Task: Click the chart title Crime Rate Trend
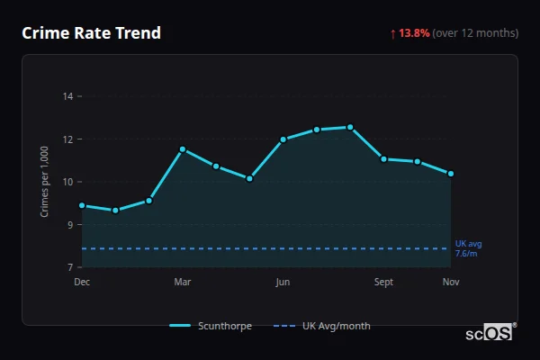pos(91,33)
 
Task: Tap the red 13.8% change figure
pos(415,33)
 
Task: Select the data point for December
pos(82,205)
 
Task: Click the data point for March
pos(183,149)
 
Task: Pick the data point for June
pos(283,139)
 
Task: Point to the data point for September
pos(383,159)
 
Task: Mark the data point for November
pos(451,174)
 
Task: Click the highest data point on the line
pos(350,127)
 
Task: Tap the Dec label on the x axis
pos(82,283)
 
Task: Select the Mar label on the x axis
pos(183,283)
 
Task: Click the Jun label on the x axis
pos(283,283)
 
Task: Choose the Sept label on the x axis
pos(383,283)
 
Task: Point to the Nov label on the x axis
pos(451,283)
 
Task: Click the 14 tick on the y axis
pos(68,96)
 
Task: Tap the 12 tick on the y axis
pos(68,139)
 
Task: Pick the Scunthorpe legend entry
pos(211,326)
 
